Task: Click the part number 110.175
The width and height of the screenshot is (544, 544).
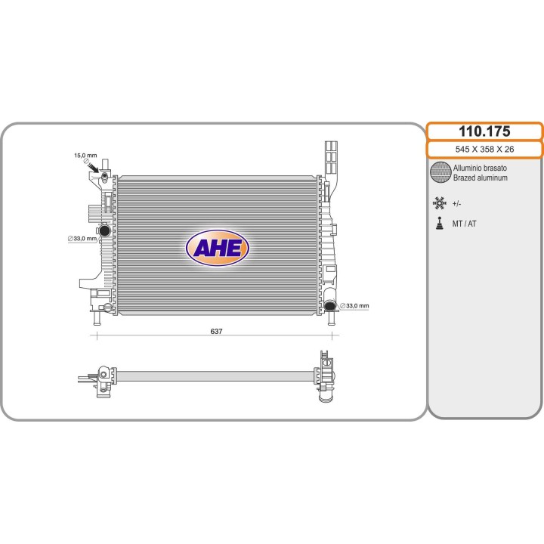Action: [x=484, y=131]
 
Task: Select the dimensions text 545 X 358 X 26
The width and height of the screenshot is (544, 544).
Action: [x=484, y=149]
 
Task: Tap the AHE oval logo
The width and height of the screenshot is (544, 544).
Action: [x=218, y=248]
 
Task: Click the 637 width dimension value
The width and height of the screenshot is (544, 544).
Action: [x=216, y=332]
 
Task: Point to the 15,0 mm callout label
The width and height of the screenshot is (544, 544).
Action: [x=85, y=156]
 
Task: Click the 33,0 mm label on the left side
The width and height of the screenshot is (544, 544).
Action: [x=82, y=239]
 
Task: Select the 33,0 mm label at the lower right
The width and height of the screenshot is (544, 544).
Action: [x=354, y=306]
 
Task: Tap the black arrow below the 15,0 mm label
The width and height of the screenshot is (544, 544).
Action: [x=94, y=168]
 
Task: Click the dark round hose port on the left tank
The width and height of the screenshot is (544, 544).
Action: [x=104, y=230]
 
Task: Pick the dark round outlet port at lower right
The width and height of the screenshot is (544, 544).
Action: [x=330, y=305]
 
